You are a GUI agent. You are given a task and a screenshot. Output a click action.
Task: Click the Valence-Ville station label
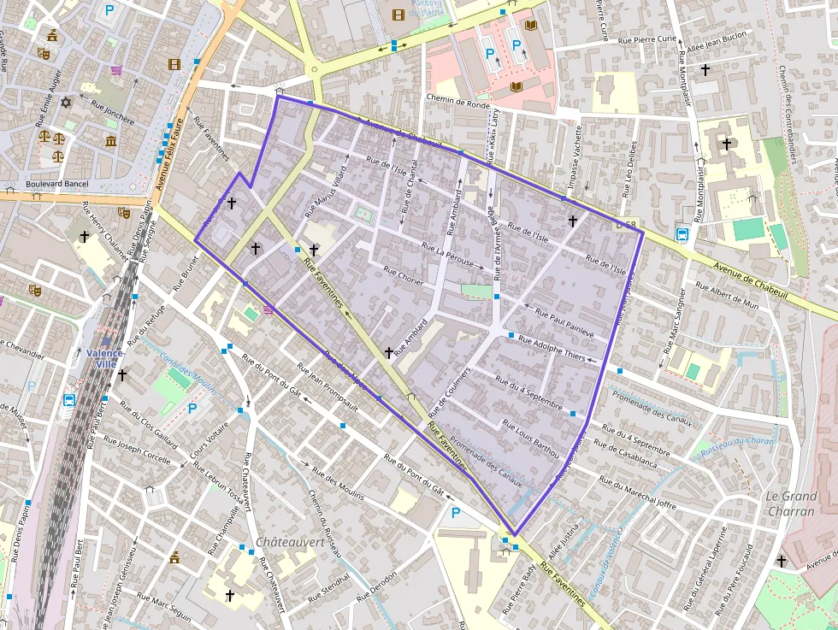[x=105, y=358]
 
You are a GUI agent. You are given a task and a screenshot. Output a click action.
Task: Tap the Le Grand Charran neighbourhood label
[x=791, y=504]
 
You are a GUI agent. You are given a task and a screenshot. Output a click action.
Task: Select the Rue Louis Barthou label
[x=531, y=438]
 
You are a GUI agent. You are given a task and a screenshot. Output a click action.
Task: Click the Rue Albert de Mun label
[x=727, y=298]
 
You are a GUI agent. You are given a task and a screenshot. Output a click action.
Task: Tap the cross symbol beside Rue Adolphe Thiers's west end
[x=388, y=351]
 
